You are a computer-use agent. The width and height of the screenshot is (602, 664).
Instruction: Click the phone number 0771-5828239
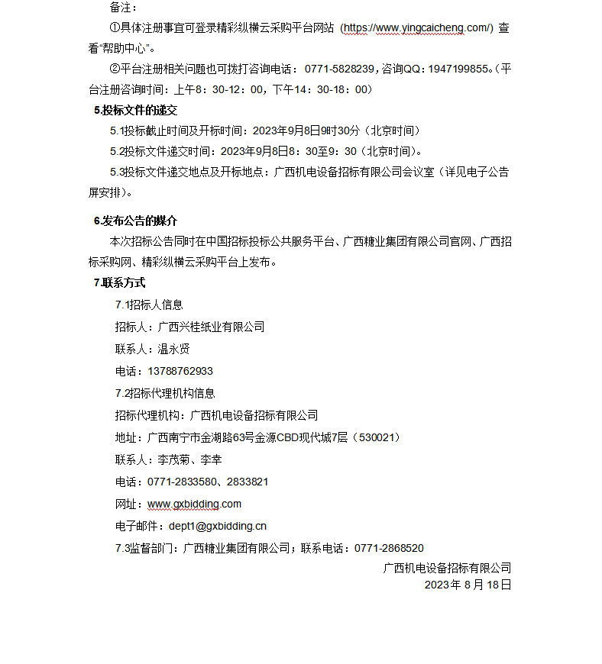[338, 69]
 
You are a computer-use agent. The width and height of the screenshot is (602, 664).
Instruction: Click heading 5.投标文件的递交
[135, 110]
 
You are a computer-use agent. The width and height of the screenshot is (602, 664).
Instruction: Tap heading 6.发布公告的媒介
[135, 221]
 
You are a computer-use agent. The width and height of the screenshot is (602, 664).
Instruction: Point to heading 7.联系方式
[119, 282]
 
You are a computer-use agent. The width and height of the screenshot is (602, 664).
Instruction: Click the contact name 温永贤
[173, 349]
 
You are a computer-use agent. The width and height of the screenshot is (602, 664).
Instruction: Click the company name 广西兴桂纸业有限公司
[211, 327]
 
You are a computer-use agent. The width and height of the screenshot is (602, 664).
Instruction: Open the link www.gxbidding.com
[194, 504]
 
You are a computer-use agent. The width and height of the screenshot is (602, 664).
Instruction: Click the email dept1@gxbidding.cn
[218, 526]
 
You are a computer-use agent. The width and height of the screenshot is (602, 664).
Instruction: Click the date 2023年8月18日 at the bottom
[468, 585]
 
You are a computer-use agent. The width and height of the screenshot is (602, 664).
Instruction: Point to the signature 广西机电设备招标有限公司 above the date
[447, 568]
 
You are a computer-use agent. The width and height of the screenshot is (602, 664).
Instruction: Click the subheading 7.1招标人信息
[149, 305]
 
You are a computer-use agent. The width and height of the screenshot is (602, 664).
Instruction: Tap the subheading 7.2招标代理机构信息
[165, 393]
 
